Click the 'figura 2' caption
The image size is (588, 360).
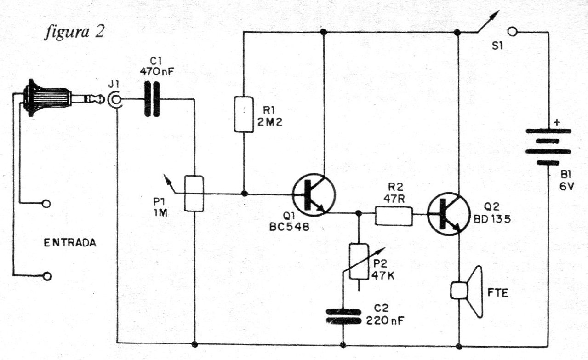pos(74,32)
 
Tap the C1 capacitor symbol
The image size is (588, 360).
pos(152,99)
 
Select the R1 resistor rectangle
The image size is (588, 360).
pos(244,114)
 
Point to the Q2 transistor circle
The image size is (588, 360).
pos(449,214)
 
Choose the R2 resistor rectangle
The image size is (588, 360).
pos(394,216)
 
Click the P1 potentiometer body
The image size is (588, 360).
pos(194,194)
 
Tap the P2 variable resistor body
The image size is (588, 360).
pos(359,262)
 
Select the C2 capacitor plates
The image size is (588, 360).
pos(343,316)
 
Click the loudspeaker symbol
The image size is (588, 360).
pos(467,291)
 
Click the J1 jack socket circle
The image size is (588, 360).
pos(115,99)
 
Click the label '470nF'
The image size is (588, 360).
pos(157,71)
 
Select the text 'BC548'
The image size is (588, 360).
pos(289,227)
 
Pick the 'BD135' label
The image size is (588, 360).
pos(492,219)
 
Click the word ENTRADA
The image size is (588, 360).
pos(70,243)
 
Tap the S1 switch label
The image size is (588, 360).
pos(497,46)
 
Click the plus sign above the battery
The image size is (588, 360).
pos(557,122)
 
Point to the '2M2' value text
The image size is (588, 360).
pos(270,122)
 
